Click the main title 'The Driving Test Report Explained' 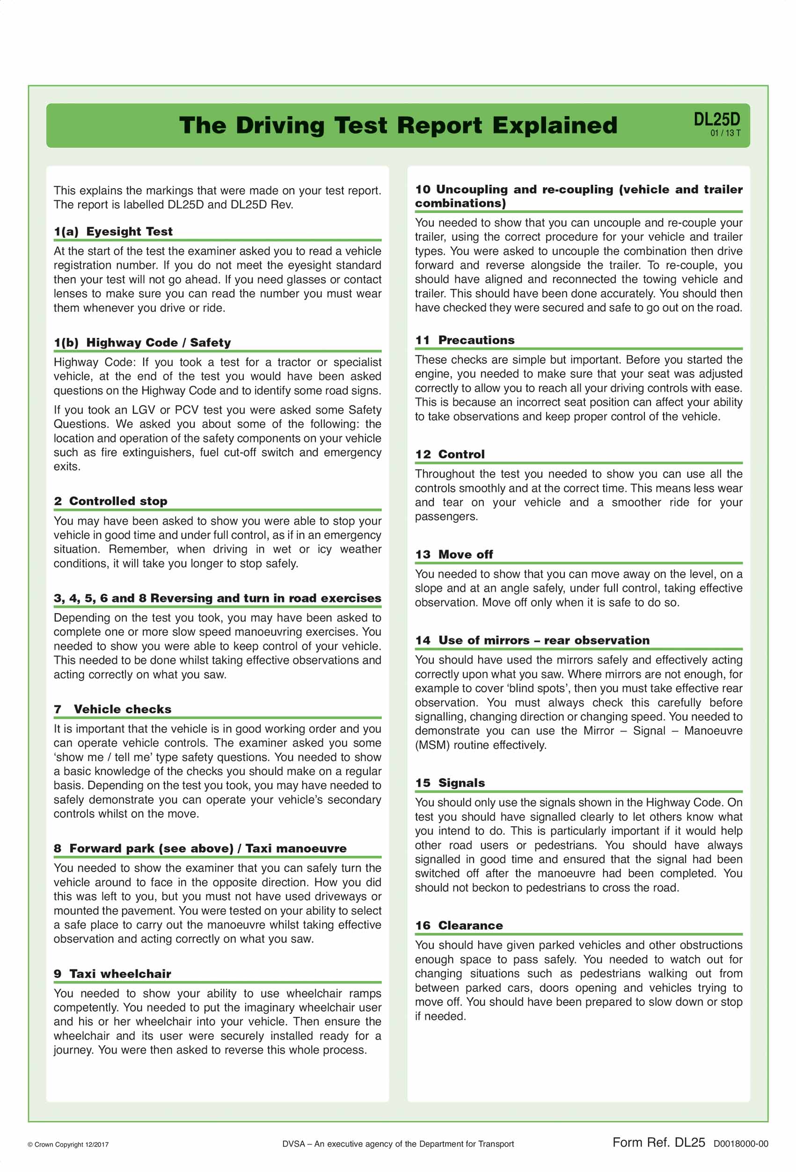click(398, 125)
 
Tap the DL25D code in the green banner click(716, 119)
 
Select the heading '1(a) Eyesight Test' click(113, 232)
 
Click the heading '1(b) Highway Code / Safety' click(142, 343)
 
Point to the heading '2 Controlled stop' click(110, 501)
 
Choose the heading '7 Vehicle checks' click(112, 709)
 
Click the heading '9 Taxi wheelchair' click(112, 974)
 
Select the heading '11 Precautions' click(464, 340)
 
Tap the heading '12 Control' click(450, 454)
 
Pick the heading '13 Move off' click(454, 554)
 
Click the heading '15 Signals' click(450, 783)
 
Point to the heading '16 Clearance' click(459, 925)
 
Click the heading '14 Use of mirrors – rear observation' click(532, 640)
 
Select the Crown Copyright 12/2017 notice click(68, 1144)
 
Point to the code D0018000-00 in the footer click(741, 1144)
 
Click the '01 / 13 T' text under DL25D click(725, 133)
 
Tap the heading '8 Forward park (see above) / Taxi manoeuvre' click(200, 848)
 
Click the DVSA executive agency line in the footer click(398, 1144)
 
